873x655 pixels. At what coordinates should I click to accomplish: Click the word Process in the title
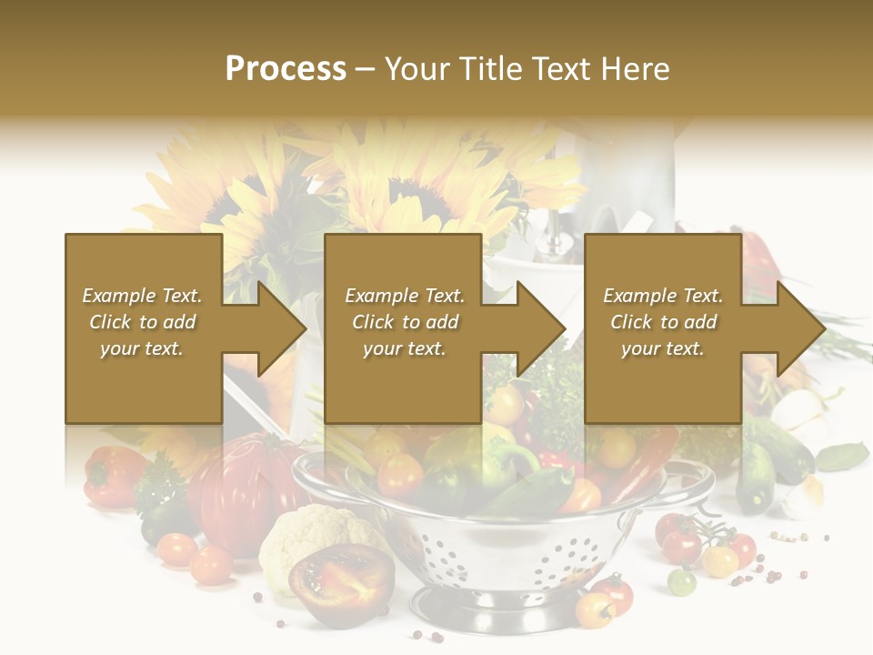286,68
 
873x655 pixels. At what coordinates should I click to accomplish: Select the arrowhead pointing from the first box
280,328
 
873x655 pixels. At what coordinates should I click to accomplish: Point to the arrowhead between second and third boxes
539,328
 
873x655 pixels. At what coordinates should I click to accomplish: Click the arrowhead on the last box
799,328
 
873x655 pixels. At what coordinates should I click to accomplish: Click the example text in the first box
143,322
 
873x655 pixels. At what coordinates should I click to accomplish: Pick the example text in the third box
663,322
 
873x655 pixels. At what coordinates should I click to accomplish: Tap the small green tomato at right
682,580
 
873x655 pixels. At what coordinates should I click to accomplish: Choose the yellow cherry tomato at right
720,560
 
